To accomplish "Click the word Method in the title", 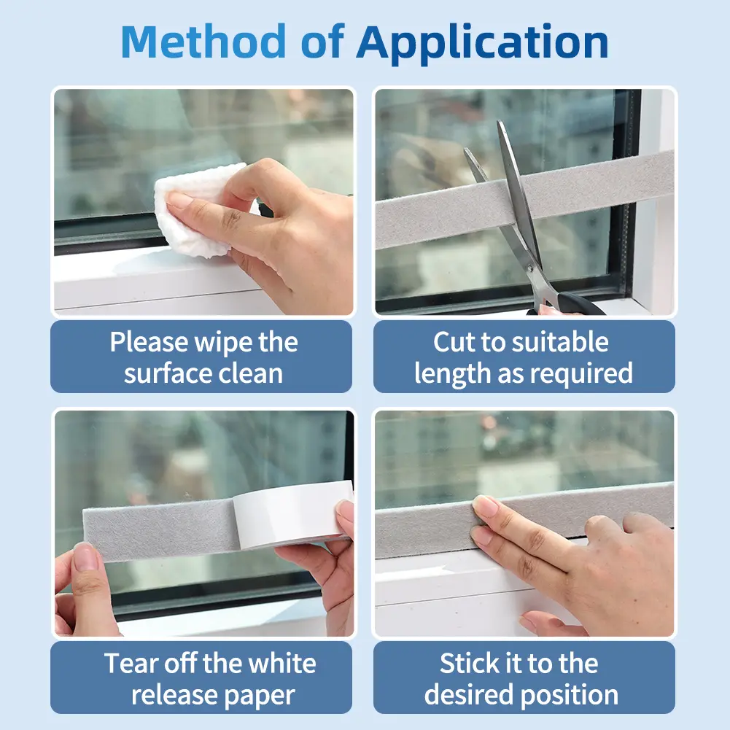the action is (203, 42).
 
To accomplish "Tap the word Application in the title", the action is (482, 44).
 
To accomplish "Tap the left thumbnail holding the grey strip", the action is (85, 557).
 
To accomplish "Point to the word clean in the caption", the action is (250, 373).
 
